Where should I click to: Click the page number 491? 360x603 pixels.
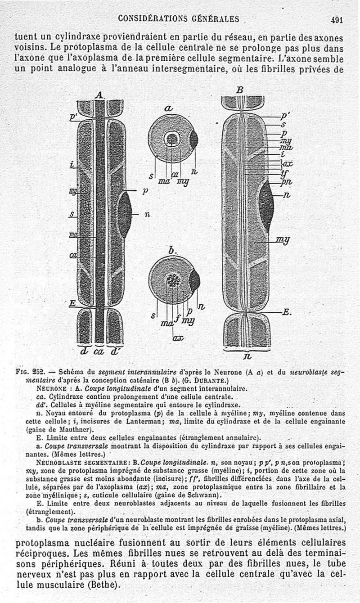coord(337,19)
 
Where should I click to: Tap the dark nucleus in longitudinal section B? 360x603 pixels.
coord(266,205)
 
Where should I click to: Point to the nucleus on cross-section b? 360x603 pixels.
coord(194,280)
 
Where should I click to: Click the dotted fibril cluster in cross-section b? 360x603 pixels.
coord(173,281)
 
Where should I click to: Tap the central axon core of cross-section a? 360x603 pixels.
coord(172,139)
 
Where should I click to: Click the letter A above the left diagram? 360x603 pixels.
coord(100,95)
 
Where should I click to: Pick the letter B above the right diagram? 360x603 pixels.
coord(240,90)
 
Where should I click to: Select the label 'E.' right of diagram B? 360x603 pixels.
coord(286,312)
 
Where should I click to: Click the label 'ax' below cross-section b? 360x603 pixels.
coord(178,337)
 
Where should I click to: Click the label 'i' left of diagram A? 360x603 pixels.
coord(72,165)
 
